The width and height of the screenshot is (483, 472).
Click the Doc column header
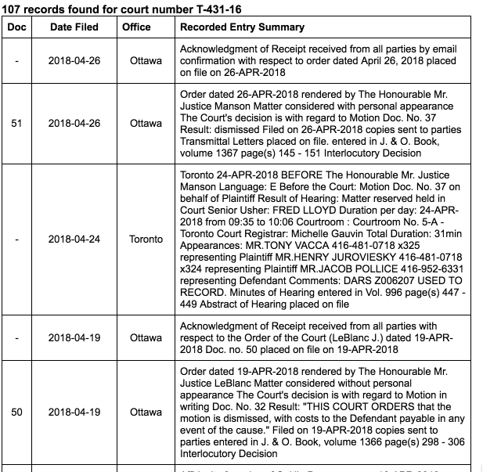click(16, 27)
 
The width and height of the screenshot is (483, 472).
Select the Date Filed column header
click(74, 27)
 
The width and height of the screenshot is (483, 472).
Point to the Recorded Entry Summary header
click(242, 27)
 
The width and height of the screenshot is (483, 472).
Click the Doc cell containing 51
click(16, 124)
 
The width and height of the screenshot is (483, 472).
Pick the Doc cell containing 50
click(16, 412)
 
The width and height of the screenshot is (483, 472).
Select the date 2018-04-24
click(74, 239)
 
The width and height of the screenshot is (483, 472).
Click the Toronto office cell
click(146, 239)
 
